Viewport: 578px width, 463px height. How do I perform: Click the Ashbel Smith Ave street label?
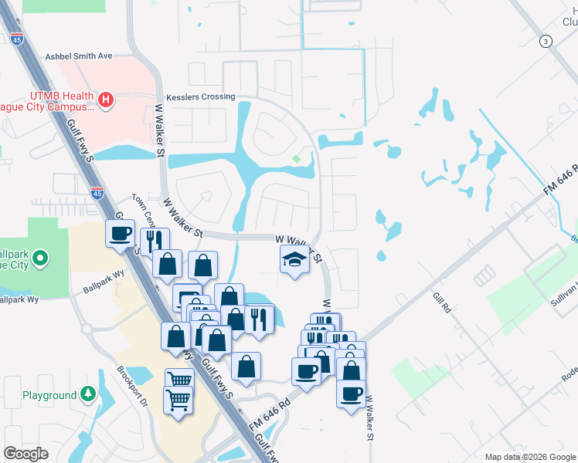(79, 56)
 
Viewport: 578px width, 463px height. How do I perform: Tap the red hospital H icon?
(107, 99)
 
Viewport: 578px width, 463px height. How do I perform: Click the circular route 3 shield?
(546, 41)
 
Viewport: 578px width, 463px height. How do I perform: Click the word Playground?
(49, 395)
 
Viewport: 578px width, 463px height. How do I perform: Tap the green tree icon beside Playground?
(87, 395)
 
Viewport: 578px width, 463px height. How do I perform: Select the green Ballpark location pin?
(42, 258)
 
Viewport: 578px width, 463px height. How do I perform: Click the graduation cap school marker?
(294, 260)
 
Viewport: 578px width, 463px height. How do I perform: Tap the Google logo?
(25, 453)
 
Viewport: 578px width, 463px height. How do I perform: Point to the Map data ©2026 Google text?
(529, 457)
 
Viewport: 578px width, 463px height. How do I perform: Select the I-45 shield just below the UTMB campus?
(97, 193)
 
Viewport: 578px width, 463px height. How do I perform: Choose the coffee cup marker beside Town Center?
(120, 234)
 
